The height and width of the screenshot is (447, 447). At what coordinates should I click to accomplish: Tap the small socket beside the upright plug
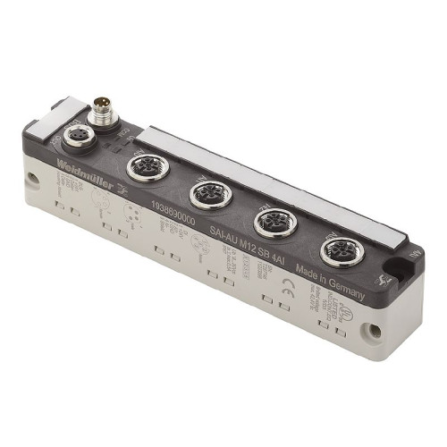coord(72,136)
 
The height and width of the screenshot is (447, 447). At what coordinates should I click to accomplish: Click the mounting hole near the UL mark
coord(375,332)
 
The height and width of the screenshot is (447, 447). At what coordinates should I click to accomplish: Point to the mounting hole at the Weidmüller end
coord(31,180)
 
